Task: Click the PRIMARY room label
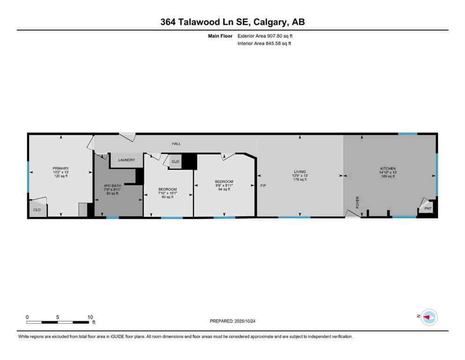[61, 168]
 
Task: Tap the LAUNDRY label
[126, 160]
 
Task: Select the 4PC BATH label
[112, 186]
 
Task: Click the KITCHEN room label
[388, 168]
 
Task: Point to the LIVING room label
[300, 172]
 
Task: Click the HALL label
[176, 144]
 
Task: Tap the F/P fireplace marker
[263, 186]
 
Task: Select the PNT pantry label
[428, 208]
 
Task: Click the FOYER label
[358, 202]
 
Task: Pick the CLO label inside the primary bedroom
[37, 210]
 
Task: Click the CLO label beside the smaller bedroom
[175, 161]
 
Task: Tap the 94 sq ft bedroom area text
[224, 190]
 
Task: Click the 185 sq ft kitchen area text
[388, 176]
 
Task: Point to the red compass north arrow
[427, 317]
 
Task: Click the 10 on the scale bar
[90, 317]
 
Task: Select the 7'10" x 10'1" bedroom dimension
[167, 193]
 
